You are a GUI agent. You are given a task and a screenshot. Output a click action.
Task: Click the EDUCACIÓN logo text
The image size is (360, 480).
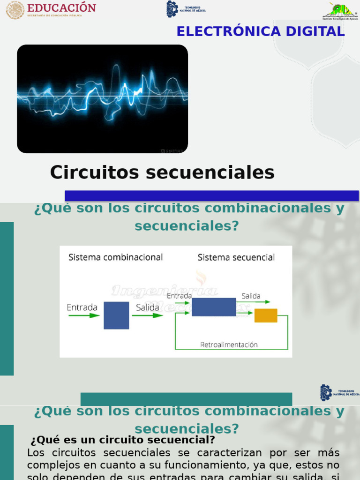point(61,8)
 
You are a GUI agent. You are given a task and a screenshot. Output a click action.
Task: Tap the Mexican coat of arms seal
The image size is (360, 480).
point(15,10)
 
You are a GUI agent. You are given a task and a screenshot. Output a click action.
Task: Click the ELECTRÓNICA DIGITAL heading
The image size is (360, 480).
point(261,31)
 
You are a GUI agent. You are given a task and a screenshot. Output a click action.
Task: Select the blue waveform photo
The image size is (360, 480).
point(102,98)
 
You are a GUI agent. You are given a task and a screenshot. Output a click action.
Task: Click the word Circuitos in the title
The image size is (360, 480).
point(95,172)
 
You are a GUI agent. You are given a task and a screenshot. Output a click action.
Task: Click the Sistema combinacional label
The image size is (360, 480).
point(115,257)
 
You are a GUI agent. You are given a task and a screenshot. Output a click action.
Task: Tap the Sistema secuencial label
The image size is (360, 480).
point(236,257)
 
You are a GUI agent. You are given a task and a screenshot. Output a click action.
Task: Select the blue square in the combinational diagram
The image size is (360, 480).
point(116,315)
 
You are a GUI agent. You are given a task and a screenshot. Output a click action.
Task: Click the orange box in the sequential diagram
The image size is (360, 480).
point(266,315)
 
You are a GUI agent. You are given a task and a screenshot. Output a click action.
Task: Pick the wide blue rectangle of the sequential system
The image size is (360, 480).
point(214,307)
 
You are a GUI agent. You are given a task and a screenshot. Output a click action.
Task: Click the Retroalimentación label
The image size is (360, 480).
point(229,345)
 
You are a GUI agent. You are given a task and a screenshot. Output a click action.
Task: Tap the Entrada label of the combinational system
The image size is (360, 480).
point(82,307)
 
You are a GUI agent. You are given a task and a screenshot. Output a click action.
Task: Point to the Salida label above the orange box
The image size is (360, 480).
point(251,296)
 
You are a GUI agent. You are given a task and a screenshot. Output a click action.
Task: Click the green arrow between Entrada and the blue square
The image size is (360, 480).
point(84,315)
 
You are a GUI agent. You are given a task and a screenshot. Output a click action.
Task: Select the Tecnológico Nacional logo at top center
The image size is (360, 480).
point(186,9)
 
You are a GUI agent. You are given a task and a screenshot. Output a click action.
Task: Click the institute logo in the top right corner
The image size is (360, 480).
point(340,11)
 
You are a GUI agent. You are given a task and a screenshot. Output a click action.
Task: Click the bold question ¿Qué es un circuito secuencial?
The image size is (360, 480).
point(123,440)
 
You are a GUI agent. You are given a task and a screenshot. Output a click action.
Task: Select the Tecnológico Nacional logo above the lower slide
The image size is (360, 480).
point(338,392)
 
